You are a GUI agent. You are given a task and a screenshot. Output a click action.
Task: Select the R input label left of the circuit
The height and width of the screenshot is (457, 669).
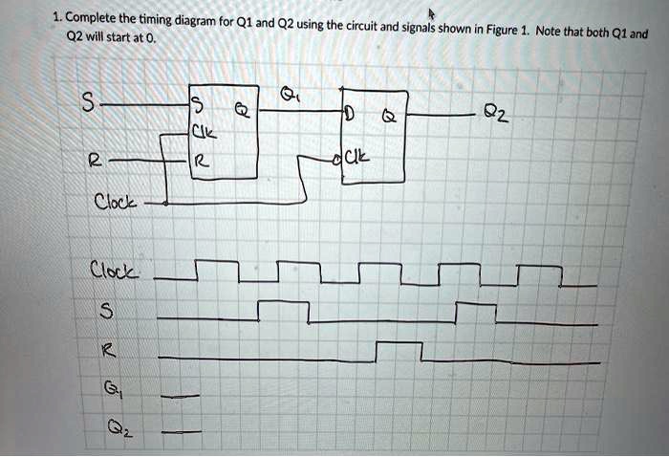tap(95, 162)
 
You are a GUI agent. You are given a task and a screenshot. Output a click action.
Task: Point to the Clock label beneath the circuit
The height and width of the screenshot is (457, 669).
tap(115, 203)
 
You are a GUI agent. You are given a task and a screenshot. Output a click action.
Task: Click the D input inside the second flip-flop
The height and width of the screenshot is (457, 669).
tap(349, 118)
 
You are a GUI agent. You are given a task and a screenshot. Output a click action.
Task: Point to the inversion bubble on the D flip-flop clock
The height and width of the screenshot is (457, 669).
tap(336, 159)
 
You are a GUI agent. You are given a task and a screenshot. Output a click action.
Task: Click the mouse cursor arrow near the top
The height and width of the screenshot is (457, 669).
tap(432, 12)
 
